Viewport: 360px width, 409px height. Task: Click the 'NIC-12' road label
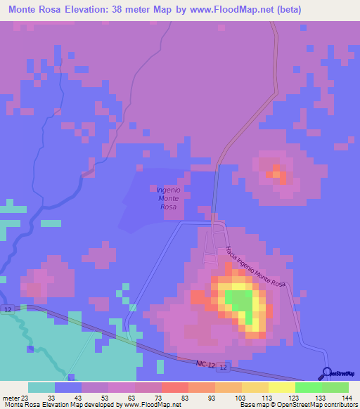click(x=206, y=363)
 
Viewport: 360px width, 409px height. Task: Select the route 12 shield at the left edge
click(x=7, y=309)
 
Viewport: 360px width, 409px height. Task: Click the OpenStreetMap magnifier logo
click(x=327, y=372)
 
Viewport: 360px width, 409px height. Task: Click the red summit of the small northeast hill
click(x=276, y=173)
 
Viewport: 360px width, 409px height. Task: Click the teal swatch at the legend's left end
click(x=41, y=387)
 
